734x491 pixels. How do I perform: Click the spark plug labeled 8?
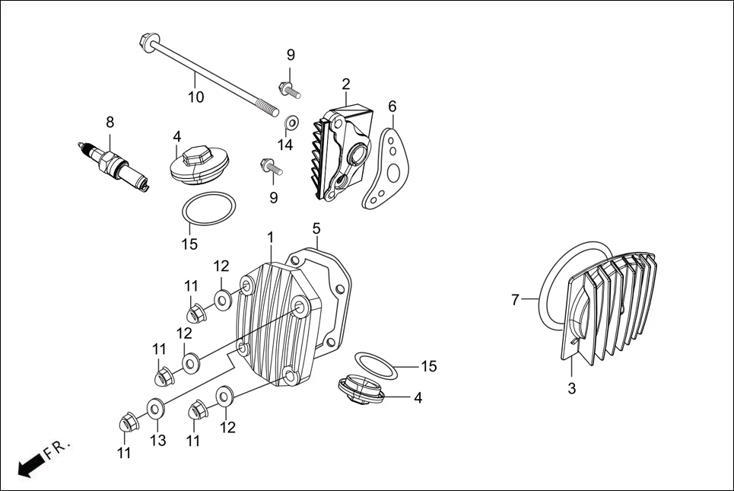(x=114, y=163)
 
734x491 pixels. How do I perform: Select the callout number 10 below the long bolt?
(x=196, y=97)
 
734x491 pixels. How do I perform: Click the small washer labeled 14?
(x=291, y=123)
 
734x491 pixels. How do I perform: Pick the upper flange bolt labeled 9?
(x=288, y=89)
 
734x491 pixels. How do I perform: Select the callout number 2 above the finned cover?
(x=346, y=84)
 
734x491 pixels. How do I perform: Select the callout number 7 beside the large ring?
(x=515, y=301)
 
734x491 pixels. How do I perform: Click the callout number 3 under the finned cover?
(x=572, y=388)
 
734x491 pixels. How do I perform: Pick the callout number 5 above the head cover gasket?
(x=316, y=228)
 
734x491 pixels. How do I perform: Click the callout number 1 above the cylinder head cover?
(x=270, y=238)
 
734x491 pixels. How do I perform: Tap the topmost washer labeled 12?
(x=223, y=299)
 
